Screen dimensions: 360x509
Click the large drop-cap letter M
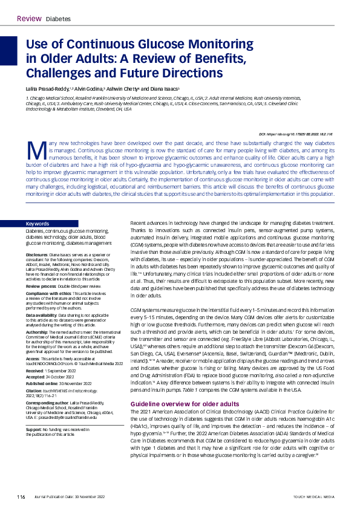click(35, 148)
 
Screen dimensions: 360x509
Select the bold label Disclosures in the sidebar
click(38, 239)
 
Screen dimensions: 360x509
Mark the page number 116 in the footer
click(21, 496)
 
